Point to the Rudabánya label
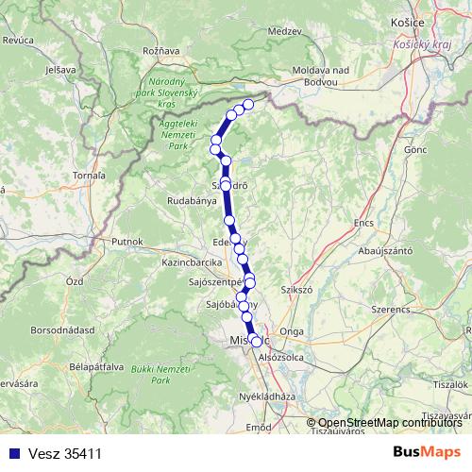coord(197,200)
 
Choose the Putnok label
coord(126,242)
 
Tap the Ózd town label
coord(74,282)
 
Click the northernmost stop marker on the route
coord(249,104)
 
